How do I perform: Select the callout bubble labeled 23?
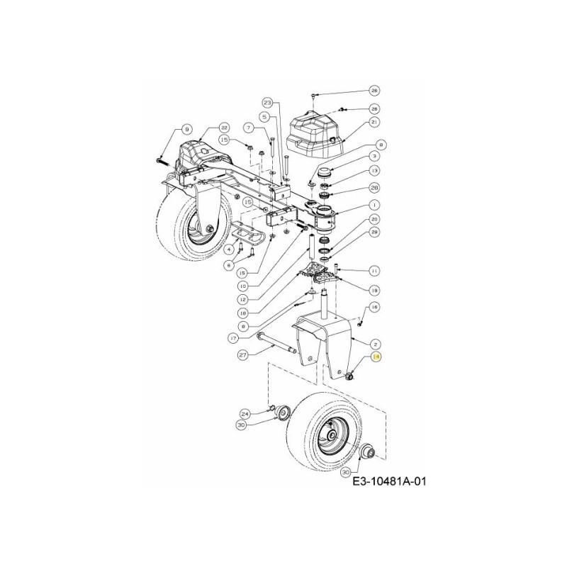point(268,103)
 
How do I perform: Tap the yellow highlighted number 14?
point(376,359)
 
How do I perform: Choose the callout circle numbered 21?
point(375,123)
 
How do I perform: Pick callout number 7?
point(248,128)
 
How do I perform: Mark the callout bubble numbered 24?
point(245,413)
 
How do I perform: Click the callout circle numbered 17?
point(232,338)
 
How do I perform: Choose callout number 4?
point(230,249)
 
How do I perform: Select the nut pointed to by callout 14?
point(349,374)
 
